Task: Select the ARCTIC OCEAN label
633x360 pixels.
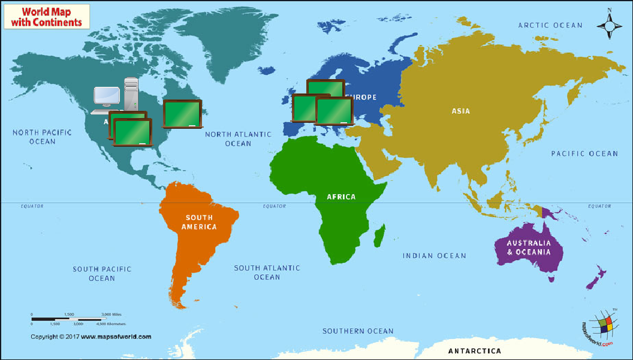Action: [x=550, y=25]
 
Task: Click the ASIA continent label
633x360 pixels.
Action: [x=461, y=111]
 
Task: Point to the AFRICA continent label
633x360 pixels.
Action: [x=341, y=196]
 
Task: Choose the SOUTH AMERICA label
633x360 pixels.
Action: [x=199, y=222]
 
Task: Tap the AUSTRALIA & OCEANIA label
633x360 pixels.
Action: [x=528, y=247]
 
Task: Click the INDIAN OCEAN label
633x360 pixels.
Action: [x=434, y=256]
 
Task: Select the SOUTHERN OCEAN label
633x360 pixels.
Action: [x=358, y=331]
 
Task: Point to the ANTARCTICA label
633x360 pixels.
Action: [x=474, y=350]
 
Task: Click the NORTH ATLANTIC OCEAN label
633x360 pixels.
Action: [x=238, y=139]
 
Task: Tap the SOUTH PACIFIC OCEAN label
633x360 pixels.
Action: [x=102, y=274]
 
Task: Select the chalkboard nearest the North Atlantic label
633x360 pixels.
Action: [x=183, y=114]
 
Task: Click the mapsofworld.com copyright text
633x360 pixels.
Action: [x=91, y=337]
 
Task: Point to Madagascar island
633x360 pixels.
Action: [x=379, y=236]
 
